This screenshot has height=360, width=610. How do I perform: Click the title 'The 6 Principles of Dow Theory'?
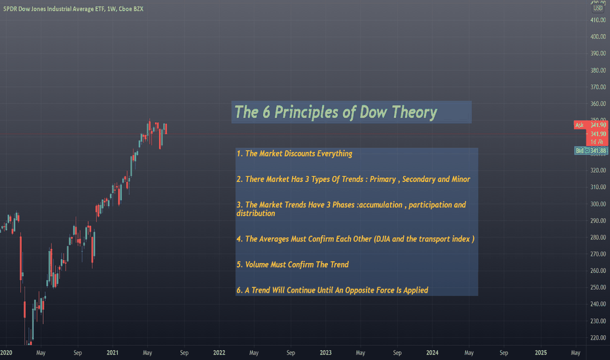[336, 112]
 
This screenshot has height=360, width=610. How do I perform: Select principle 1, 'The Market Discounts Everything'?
[294, 154]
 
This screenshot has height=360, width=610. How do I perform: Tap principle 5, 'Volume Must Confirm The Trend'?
[293, 264]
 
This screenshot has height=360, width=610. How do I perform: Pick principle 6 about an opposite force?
[332, 291]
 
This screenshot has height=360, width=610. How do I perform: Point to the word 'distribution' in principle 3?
[256, 213]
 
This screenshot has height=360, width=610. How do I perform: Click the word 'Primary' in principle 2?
[383, 179]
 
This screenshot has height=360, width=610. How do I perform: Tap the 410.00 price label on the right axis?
[598, 20]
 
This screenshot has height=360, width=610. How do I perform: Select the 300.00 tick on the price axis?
[598, 204]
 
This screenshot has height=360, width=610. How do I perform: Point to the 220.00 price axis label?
[598, 338]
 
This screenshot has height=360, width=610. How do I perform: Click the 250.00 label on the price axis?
[598, 287]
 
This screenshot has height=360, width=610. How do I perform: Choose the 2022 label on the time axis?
[219, 353]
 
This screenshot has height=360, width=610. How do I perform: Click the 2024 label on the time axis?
[432, 353]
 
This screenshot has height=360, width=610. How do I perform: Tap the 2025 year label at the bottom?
[541, 353]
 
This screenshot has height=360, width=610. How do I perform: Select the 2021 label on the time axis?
[113, 353]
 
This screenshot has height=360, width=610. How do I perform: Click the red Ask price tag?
[590, 125]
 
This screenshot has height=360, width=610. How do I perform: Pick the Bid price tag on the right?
[591, 151]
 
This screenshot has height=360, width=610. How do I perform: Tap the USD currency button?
[598, 8]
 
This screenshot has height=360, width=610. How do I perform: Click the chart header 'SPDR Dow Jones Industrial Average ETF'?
[54, 9]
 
